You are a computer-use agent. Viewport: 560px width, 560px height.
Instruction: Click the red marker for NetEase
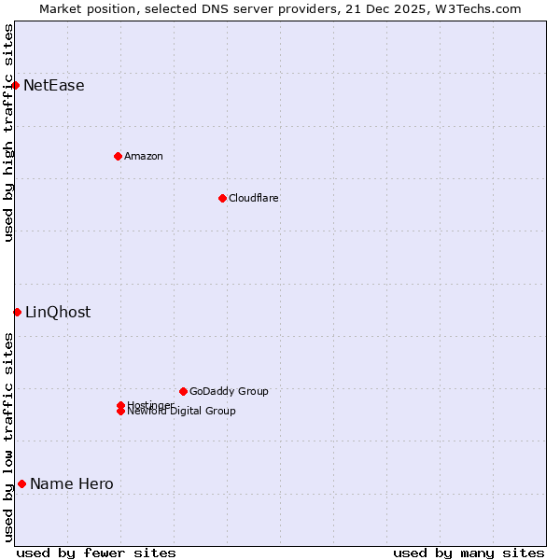(x=16, y=85)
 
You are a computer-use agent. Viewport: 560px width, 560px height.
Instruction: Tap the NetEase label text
(x=54, y=86)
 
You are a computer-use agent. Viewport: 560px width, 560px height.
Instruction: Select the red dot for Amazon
(x=118, y=156)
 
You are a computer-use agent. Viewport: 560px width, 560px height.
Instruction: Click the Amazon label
(x=143, y=156)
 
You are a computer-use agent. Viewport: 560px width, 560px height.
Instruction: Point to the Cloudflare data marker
(x=222, y=198)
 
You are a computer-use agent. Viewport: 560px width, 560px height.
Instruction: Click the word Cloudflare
(x=253, y=198)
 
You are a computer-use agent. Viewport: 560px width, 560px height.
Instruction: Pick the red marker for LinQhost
(x=17, y=312)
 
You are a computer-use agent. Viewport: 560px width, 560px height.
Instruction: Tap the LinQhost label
(x=58, y=313)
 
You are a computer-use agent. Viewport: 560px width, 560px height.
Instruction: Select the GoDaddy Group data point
(x=183, y=391)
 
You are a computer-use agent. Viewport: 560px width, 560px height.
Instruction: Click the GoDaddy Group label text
(x=229, y=391)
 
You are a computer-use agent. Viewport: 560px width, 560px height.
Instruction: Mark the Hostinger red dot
(x=120, y=405)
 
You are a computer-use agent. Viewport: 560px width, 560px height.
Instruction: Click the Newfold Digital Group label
(x=181, y=412)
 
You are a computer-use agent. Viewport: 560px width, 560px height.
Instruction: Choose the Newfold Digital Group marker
(x=120, y=412)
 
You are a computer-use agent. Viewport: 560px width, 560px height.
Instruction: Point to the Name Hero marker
(x=21, y=483)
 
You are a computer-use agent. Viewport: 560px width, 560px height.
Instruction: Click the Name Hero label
(x=72, y=484)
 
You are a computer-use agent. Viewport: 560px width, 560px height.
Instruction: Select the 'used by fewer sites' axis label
(x=96, y=553)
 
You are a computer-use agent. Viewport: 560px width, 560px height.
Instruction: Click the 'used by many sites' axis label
(x=469, y=553)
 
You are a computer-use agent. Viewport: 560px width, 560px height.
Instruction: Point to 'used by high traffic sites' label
(x=8, y=133)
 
